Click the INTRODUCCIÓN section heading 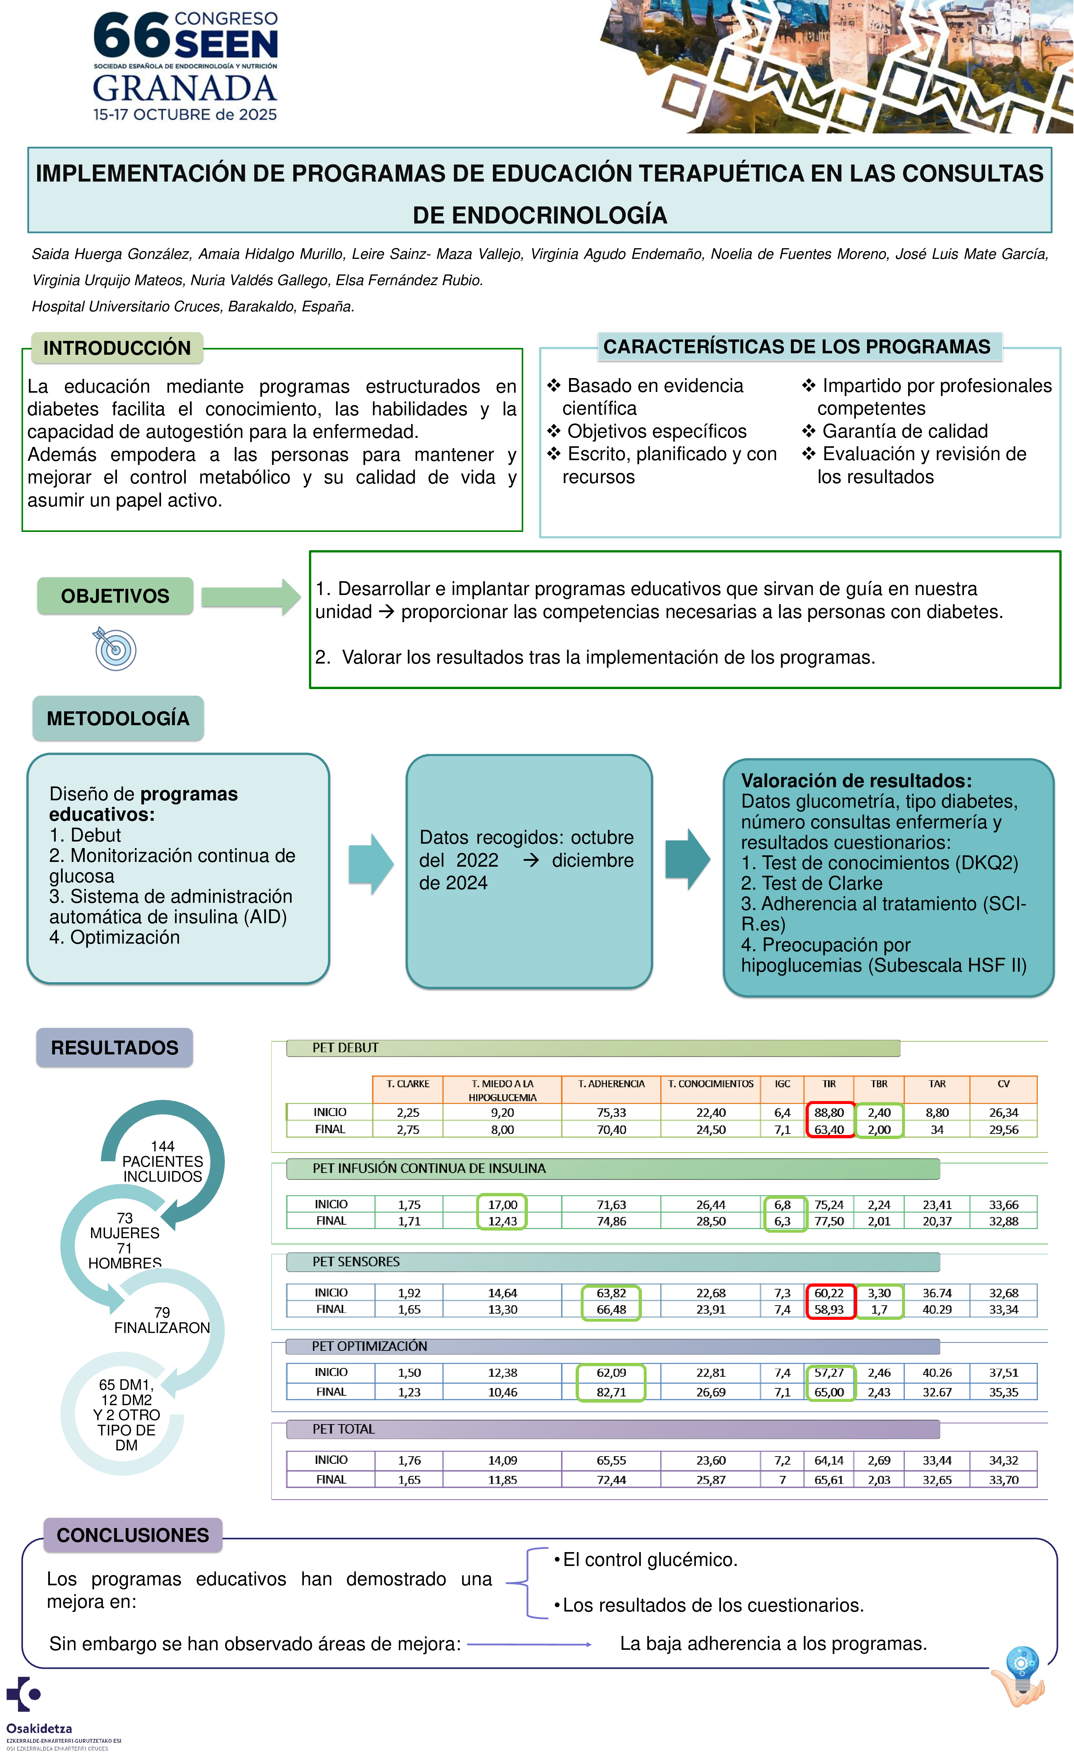click(117, 348)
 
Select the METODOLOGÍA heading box click(118, 718)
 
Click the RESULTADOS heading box click(115, 1047)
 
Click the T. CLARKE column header click(408, 1084)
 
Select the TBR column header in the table click(879, 1084)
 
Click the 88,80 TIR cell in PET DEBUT click(829, 1112)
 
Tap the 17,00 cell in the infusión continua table click(502, 1204)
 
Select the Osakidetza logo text click(39, 1729)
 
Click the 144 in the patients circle click(162, 1146)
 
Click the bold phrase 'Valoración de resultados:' click(856, 781)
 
